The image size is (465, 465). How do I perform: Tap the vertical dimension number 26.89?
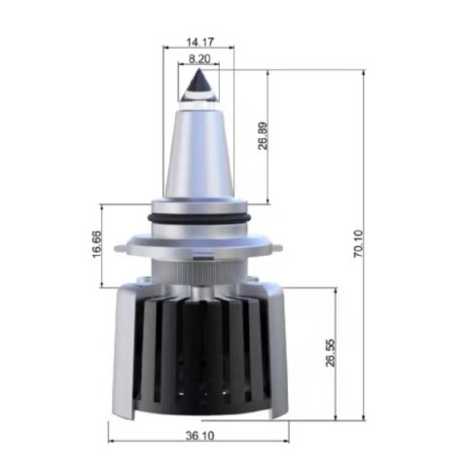click(263, 135)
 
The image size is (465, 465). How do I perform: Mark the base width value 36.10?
click(199, 437)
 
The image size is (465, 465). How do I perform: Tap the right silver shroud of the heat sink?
click(277, 350)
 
